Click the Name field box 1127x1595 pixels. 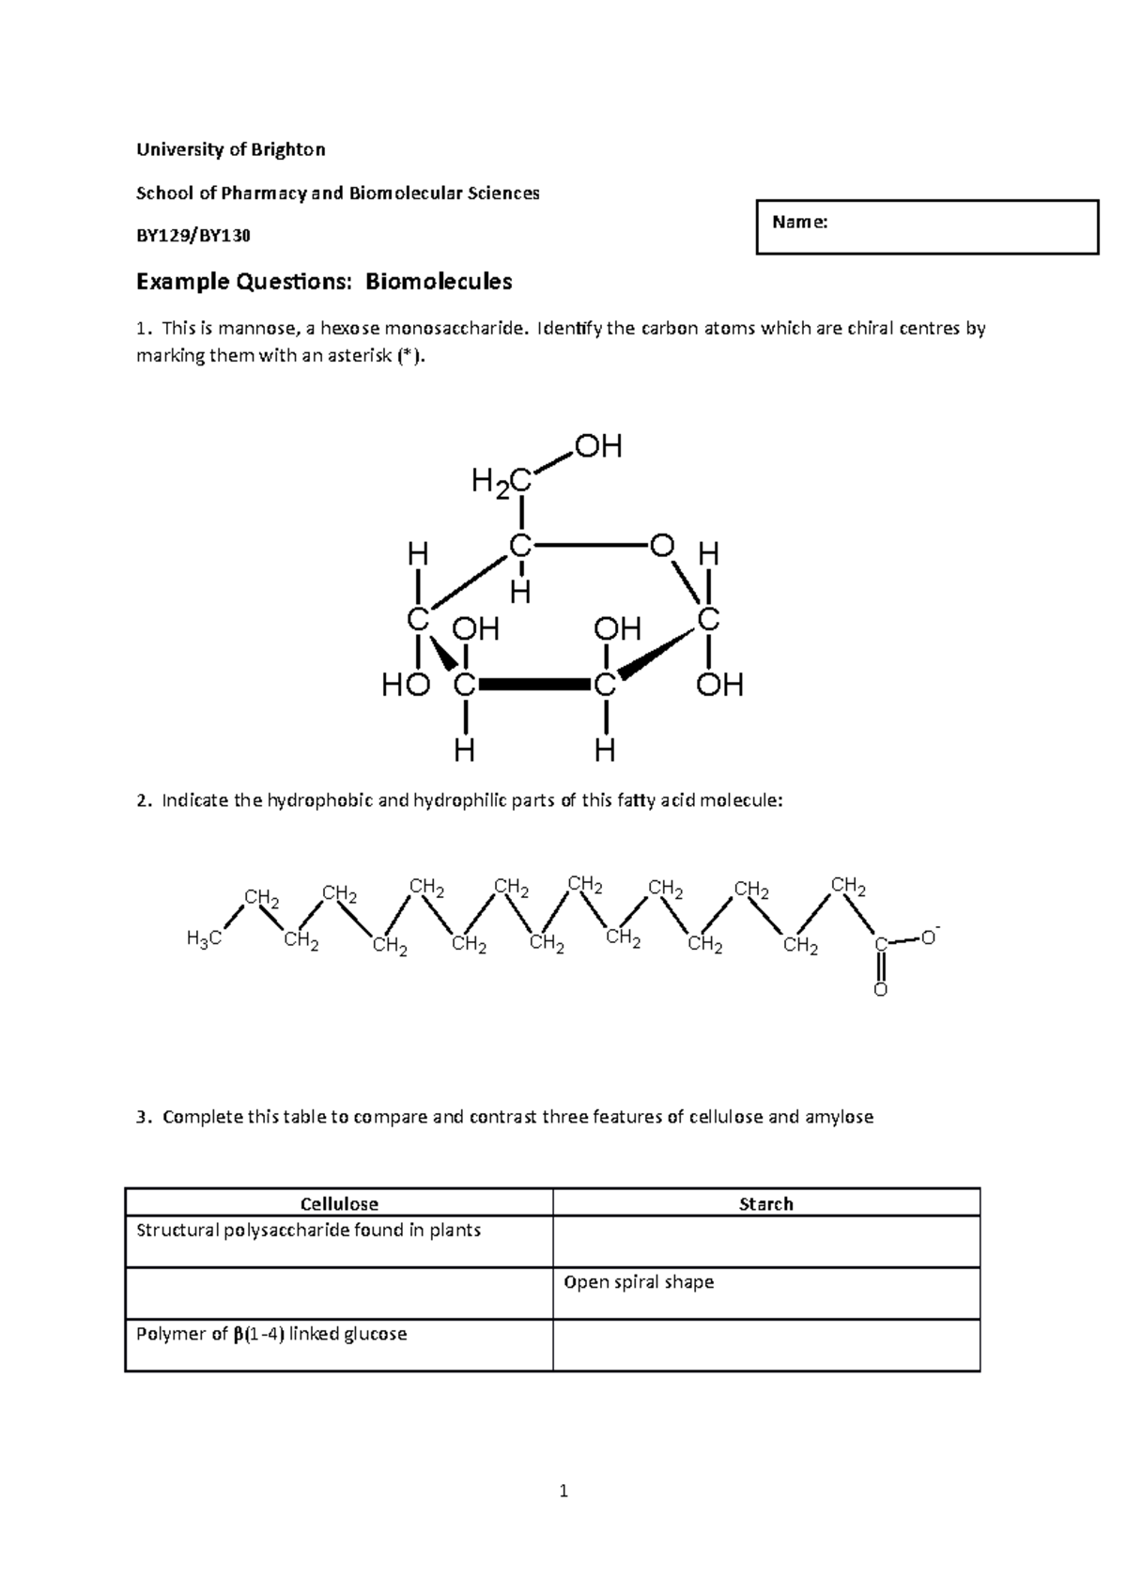click(x=926, y=226)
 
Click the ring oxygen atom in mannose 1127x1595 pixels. click(x=661, y=546)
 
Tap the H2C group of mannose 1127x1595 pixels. click(x=502, y=483)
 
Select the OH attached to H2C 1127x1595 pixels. click(x=598, y=446)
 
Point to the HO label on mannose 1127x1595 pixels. click(x=405, y=687)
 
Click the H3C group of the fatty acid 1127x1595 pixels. click(x=204, y=937)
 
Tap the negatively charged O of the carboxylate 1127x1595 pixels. click(x=929, y=937)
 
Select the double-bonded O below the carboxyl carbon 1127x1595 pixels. click(x=880, y=990)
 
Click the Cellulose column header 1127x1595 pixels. click(x=339, y=1203)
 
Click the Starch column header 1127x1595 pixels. click(x=766, y=1203)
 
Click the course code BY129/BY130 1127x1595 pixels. click(x=193, y=236)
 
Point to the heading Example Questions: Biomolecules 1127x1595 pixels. click(x=324, y=281)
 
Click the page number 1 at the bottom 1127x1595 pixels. click(x=563, y=1491)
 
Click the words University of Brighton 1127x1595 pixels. click(x=231, y=149)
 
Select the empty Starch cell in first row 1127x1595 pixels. click(x=766, y=1241)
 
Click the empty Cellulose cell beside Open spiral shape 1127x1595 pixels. click(x=339, y=1293)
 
